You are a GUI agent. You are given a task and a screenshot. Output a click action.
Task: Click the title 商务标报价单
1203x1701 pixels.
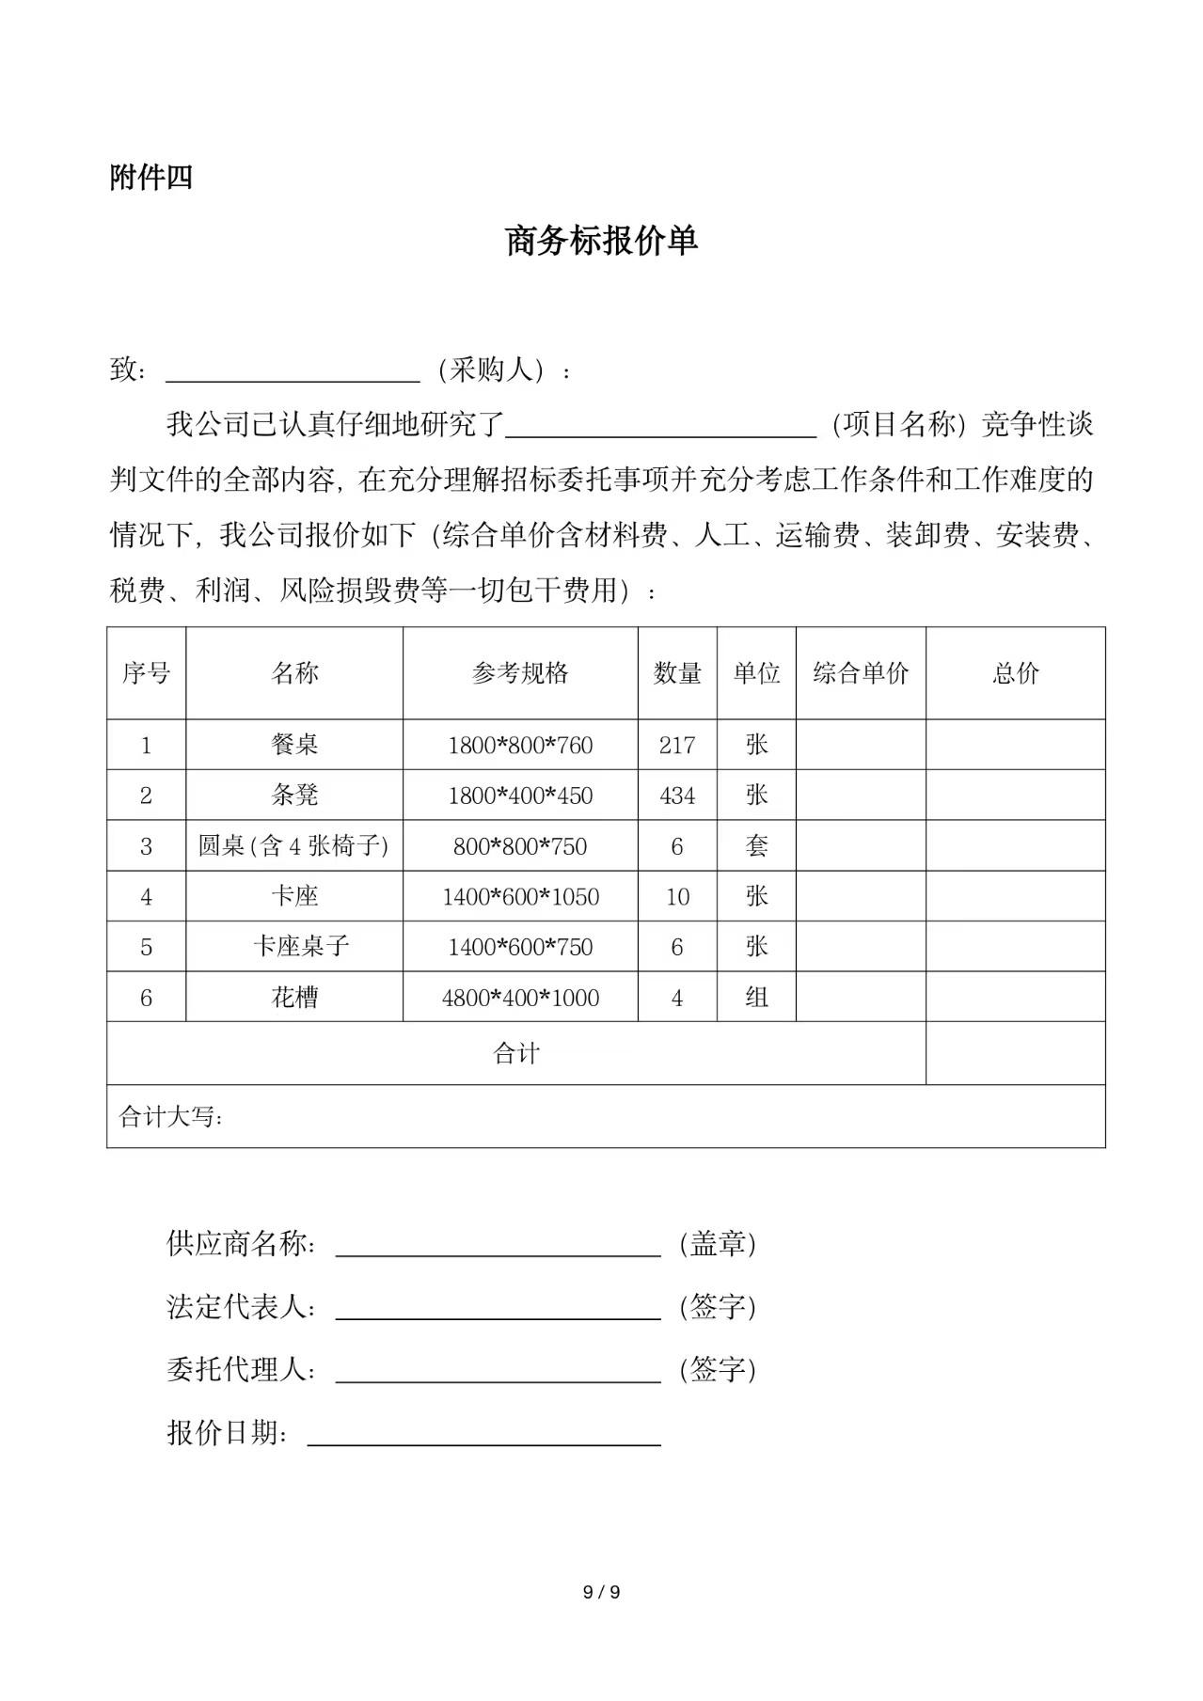601,241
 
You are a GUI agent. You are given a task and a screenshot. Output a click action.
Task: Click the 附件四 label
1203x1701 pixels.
150,177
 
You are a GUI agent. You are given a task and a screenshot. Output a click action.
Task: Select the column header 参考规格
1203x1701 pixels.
520,673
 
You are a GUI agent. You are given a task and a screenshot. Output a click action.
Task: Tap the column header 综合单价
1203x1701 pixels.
861,673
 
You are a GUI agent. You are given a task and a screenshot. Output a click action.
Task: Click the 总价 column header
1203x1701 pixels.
1015,673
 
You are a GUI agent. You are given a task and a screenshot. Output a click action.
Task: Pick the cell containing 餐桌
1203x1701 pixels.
294,745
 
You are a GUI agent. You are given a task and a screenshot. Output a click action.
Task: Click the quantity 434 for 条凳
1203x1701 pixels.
677,795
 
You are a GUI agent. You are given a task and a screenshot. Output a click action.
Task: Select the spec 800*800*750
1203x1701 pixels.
520,846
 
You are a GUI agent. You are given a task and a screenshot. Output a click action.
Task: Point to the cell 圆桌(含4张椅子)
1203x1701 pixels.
293,846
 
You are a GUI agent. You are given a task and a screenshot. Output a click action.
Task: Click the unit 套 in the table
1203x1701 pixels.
756,846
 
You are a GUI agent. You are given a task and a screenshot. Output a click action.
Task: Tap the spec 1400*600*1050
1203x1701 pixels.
520,897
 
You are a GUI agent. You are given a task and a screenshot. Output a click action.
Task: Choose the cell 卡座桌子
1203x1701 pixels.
301,947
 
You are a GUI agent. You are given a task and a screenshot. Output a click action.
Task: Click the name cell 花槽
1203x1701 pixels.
294,998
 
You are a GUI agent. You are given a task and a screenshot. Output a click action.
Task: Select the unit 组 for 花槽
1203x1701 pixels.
756,998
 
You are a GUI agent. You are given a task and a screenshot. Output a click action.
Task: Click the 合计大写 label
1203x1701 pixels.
171,1117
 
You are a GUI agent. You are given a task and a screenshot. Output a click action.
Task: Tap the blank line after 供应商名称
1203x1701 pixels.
498,1246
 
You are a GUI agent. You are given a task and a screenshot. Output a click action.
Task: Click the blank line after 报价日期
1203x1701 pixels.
483,1435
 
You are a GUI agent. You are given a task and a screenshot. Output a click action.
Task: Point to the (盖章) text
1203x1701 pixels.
718,1244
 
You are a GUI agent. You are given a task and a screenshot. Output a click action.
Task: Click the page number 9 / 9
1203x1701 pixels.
601,1592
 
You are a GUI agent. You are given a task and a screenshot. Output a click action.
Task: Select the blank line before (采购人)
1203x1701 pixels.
293,373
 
